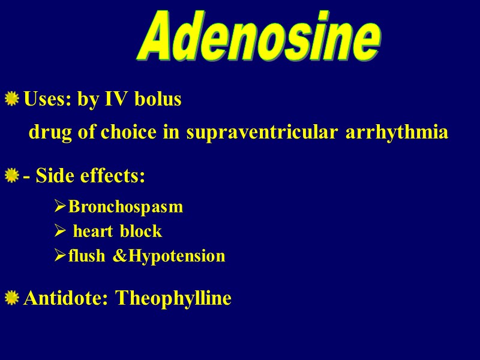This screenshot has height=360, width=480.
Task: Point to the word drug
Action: pyautogui.click(x=50, y=133)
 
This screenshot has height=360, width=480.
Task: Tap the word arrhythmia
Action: pyautogui.click(x=397, y=133)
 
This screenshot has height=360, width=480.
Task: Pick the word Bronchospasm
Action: pyautogui.click(x=125, y=207)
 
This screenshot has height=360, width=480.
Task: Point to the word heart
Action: pyautogui.click(x=93, y=232)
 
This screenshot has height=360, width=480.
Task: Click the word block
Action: pyautogui.click(x=141, y=232)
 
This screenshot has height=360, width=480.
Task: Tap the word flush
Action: pyautogui.click(x=86, y=257)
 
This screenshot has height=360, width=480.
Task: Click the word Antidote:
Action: pyautogui.click(x=67, y=298)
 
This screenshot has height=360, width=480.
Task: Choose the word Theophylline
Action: pyautogui.click(x=173, y=298)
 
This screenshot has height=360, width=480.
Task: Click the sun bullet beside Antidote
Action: pyautogui.click(x=11, y=298)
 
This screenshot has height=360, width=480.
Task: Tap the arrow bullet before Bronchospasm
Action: pyautogui.click(x=60, y=207)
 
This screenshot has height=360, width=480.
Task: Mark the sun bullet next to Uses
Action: pyautogui.click(x=11, y=99)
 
